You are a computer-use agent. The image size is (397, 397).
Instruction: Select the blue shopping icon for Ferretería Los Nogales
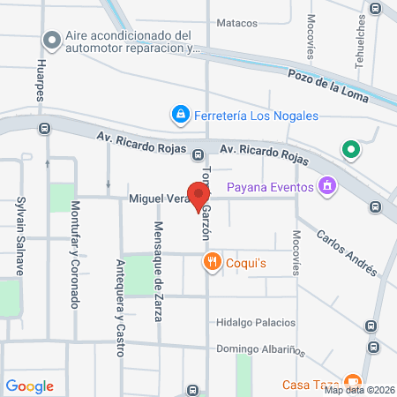coord(180,115)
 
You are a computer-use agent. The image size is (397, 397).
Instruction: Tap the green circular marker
coord(352,151)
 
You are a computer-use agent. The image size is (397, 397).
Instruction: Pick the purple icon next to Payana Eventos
coord(328,186)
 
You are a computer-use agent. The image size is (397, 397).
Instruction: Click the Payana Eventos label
coord(271,186)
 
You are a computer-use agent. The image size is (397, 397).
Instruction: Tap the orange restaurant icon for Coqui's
coord(212,262)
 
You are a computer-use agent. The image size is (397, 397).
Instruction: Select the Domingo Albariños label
coord(260,348)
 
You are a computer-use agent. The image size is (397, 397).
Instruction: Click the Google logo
coord(30,386)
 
